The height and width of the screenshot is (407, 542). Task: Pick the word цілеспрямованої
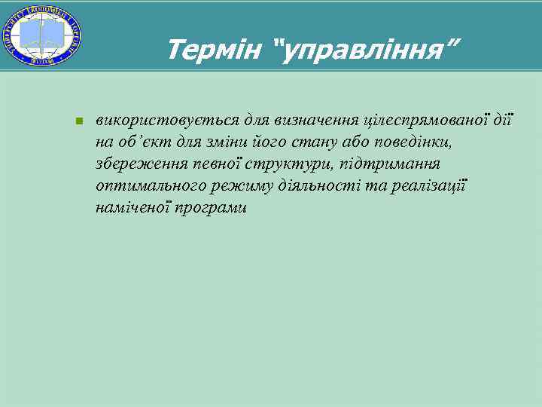coord(428,120)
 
